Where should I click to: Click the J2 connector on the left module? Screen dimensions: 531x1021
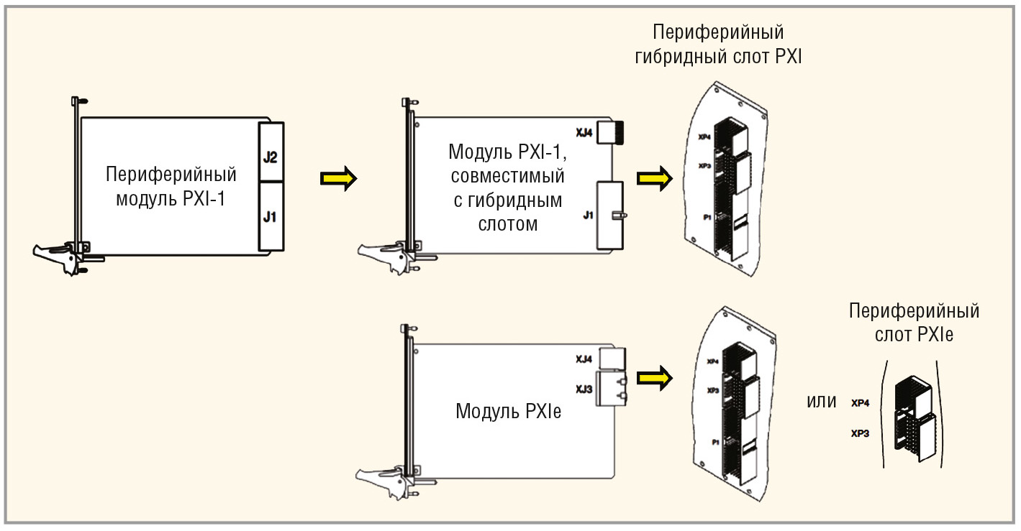coord(271,155)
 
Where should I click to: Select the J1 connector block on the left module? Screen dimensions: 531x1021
coord(271,216)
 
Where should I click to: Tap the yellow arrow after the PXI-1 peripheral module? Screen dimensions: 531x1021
coord(338,178)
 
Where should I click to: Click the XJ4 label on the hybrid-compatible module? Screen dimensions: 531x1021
coord(584,132)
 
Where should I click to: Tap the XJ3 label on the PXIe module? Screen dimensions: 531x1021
coord(584,389)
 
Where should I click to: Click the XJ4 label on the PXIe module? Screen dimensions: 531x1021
coord(584,359)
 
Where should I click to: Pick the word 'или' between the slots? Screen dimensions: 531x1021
coord(822,401)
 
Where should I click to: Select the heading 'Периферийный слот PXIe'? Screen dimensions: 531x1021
coord(914,323)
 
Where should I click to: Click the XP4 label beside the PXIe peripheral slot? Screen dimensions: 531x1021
coord(861,404)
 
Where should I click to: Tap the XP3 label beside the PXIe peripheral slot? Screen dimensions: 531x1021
coord(861,434)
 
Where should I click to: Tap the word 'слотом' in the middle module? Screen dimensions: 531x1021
coord(508,223)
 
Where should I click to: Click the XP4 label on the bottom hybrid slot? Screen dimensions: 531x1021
coord(713,361)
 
